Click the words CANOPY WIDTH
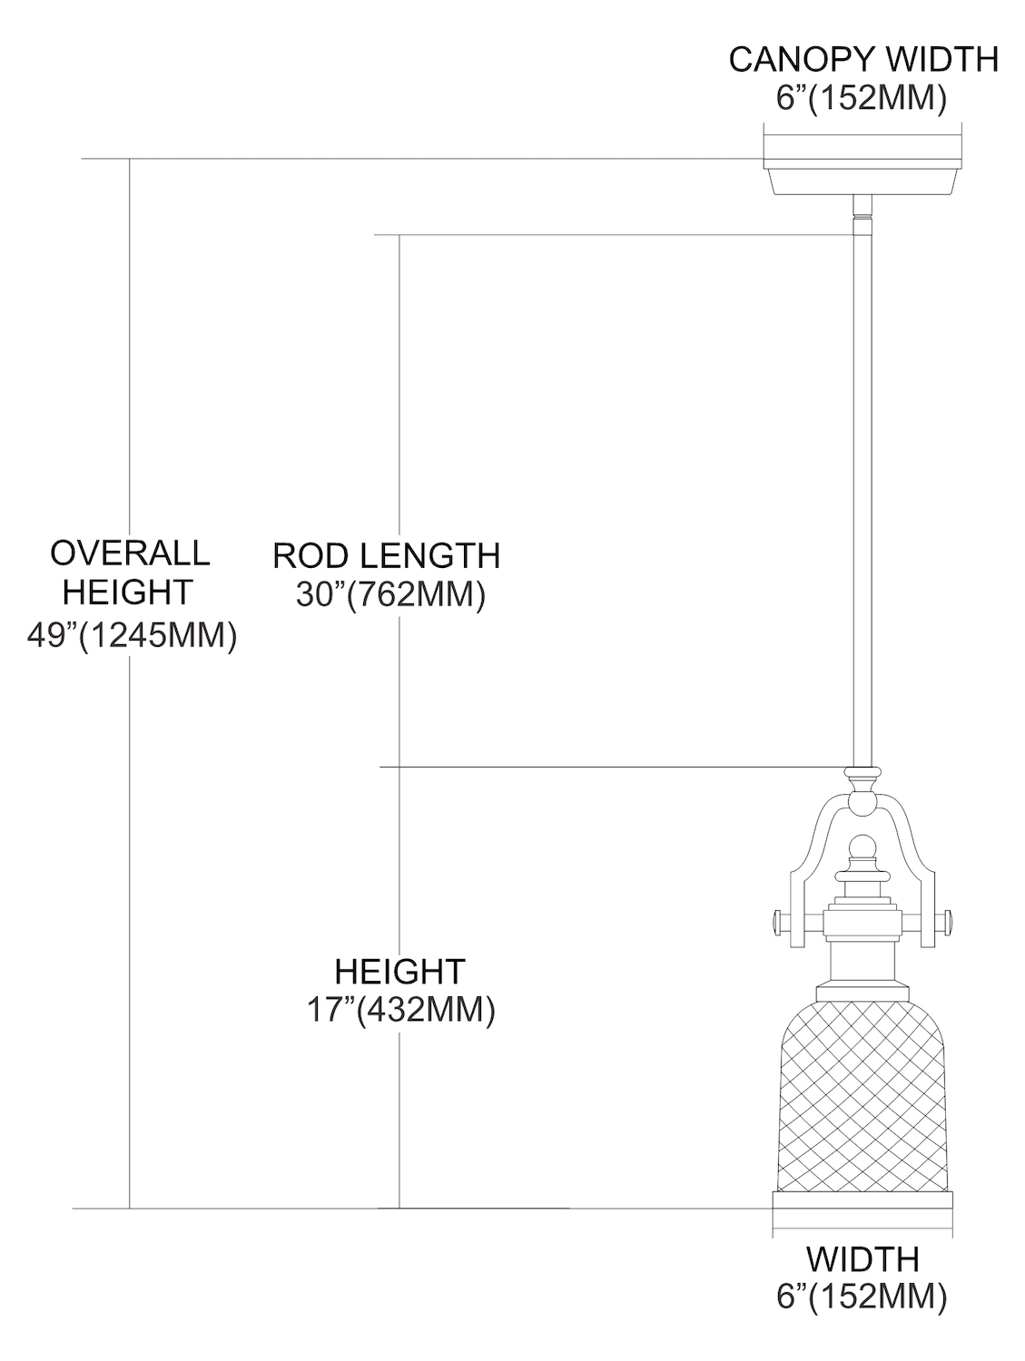pyautogui.click(x=863, y=60)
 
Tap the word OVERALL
pyautogui.click(x=130, y=553)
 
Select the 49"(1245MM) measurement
pyautogui.click(x=132, y=635)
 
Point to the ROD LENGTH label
pyautogui.click(x=387, y=555)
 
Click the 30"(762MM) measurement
pyautogui.click(x=390, y=595)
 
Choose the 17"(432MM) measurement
pyautogui.click(x=400, y=1010)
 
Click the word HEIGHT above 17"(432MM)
pyautogui.click(x=399, y=972)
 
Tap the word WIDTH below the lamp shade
pyautogui.click(x=863, y=1259)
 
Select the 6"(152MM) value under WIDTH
pyautogui.click(x=863, y=1297)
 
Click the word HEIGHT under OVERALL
pyautogui.click(x=128, y=592)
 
